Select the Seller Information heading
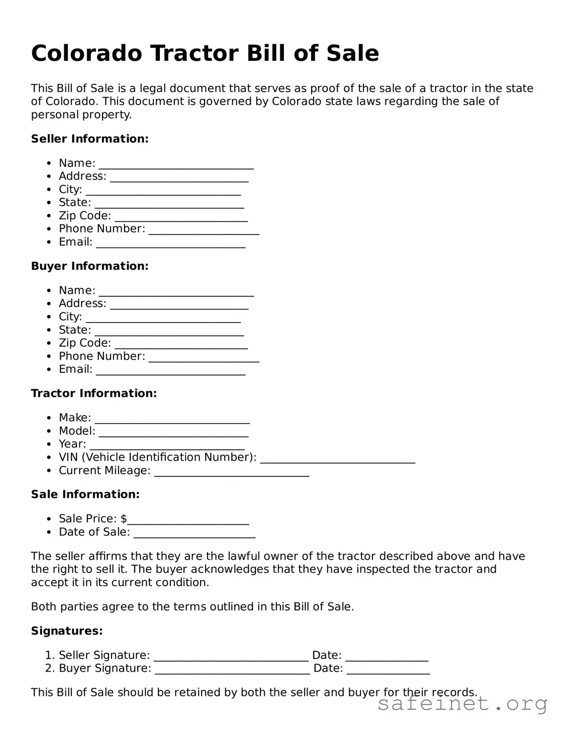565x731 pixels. click(89, 139)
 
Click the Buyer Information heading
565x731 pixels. click(89, 266)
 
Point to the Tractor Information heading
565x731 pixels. click(94, 393)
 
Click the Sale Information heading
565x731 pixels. click(85, 494)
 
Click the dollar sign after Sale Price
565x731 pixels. click(124, 518)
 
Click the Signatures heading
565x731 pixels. click(67, 631)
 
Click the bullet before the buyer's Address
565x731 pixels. click(48, 303)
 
